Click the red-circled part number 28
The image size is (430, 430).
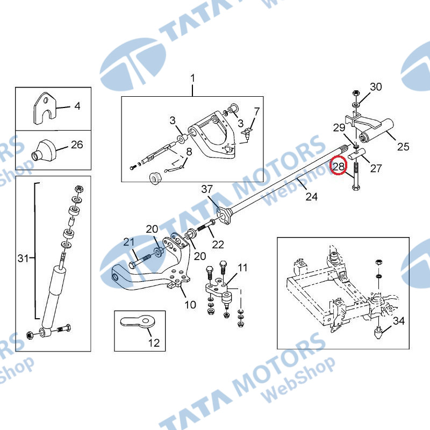click(339, 166)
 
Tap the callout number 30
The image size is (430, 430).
click(376, 87)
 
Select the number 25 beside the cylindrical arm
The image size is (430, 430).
click(403, 146)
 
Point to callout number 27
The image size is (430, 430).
click(376, 168)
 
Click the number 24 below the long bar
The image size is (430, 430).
click(312, 196)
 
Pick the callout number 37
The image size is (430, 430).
click(207, 189)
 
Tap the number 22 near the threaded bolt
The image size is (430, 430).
click(218, 245)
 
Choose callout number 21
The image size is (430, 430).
click(129, 242)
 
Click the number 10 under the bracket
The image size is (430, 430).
click(190, 305)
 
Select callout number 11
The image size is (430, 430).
click(242, 267)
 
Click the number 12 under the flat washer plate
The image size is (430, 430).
click(154, 342)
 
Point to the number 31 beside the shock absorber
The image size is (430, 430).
click(23, 258)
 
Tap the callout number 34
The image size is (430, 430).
click(399, 320)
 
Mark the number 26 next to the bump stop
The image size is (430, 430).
click(77, 145)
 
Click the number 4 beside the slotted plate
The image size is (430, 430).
click(77, 106)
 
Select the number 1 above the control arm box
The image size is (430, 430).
click(193, 78)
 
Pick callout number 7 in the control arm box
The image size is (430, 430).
click(257, 112)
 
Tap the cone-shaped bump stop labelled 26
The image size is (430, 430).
click(44, 150)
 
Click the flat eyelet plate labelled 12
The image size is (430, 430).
click(138, 321)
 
